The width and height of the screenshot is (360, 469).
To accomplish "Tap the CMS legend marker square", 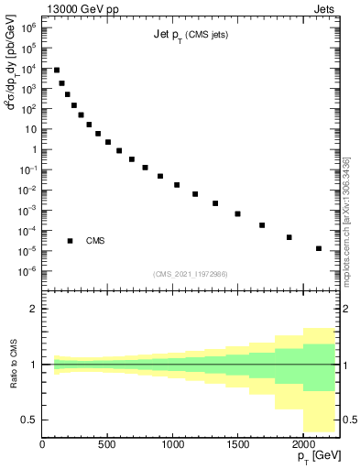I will [x=70, y=241].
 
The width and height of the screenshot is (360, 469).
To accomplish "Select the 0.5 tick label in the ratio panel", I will [x=29, y=420].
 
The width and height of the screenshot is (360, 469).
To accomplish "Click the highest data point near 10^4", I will [x=57, y=70].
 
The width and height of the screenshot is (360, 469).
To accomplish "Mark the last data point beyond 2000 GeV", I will [x=318, y=248].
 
